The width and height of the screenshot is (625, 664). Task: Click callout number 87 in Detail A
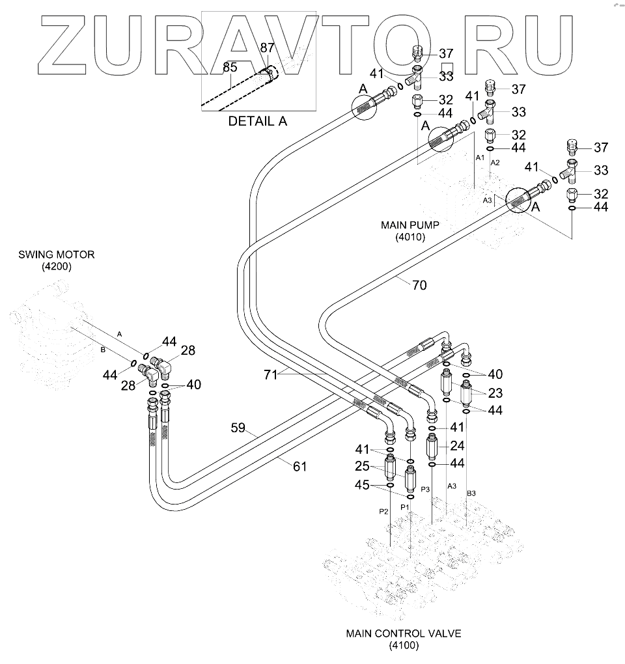click(268, 48)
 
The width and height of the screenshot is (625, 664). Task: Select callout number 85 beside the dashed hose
click(230, 66)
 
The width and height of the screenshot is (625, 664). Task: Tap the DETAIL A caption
click(257, 121)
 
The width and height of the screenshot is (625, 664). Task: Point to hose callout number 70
click(419, 284)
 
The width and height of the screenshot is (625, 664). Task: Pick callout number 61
click(299, 466)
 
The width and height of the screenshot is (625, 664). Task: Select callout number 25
click(361, 467)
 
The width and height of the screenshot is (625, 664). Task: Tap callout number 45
click(362, 485)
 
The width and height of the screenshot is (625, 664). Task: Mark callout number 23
click(495, 393)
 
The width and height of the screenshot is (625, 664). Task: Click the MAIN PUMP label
click(410, 225)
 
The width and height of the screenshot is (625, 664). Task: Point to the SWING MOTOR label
click(56, 255)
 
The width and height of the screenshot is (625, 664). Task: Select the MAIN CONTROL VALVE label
click(404, 633)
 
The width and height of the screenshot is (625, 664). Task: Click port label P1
click(404, 506)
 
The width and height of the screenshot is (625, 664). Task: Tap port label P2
click(383, 512)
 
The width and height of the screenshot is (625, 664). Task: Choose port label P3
click(426, 488)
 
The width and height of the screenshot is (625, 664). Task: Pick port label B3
click(472, 493)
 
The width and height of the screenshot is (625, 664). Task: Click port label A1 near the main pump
click(479, 158)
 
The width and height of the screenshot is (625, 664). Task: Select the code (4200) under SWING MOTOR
click(56, 267)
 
